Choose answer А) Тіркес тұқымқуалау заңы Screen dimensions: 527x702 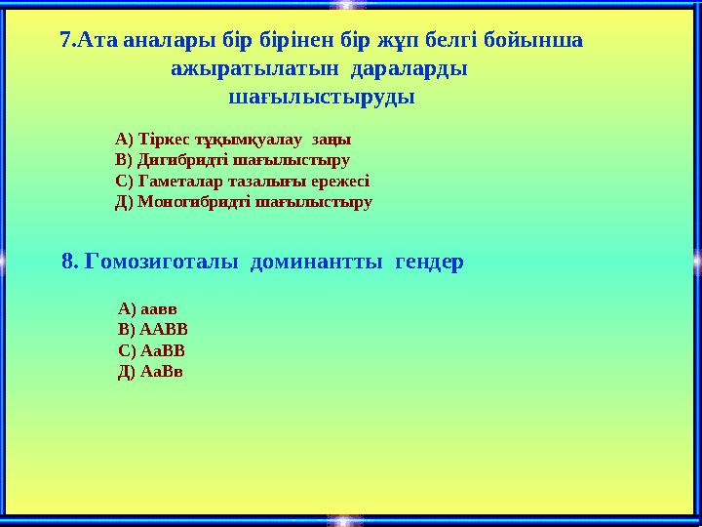(233, 139)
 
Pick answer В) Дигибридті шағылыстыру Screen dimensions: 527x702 (232, 160)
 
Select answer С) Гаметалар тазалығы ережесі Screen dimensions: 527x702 (242, 182)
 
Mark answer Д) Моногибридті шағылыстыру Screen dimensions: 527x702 (244, 203)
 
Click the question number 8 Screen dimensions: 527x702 (69, 262)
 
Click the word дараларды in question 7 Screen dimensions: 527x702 (408, 69)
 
